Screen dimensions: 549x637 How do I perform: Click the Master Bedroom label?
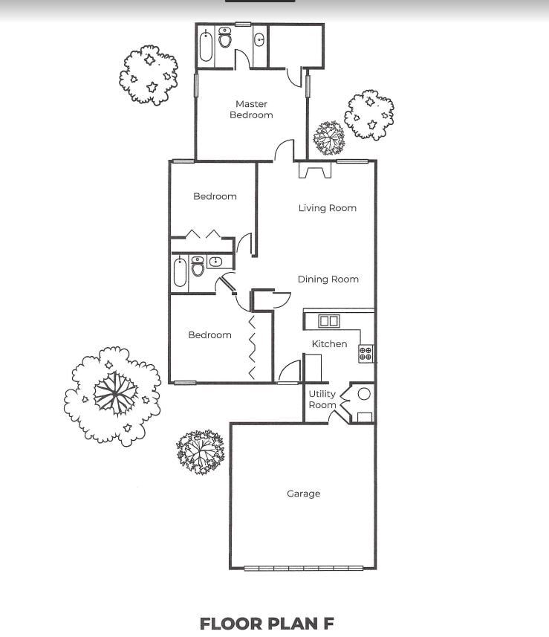click(251, 109)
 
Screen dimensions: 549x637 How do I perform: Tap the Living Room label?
click(327, 208)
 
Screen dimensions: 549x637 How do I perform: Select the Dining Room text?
click(328, 279)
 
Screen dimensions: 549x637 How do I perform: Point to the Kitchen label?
click(329, 344)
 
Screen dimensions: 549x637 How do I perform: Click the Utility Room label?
click(322, 399)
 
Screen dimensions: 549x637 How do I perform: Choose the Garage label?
click(303, 494)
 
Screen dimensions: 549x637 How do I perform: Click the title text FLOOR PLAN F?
click(267, 623)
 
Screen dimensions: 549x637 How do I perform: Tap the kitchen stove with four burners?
click(366, 353)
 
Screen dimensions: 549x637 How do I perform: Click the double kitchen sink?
click(328, 321)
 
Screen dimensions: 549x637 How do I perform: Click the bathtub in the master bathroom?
click(207, 46)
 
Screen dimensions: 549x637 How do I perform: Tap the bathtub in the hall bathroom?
click(180, 273)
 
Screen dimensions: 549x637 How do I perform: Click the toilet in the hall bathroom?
click(198, 266)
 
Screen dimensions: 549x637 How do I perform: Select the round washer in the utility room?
click(364, 394)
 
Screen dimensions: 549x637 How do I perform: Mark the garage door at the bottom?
click(304, 569)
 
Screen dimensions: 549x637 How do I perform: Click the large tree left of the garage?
click(114, 395)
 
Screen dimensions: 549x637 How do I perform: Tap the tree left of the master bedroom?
click(149, 74)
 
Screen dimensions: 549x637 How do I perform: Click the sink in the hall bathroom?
click(215, 262)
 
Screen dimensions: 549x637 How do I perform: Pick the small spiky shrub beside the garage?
click(200, 450)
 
